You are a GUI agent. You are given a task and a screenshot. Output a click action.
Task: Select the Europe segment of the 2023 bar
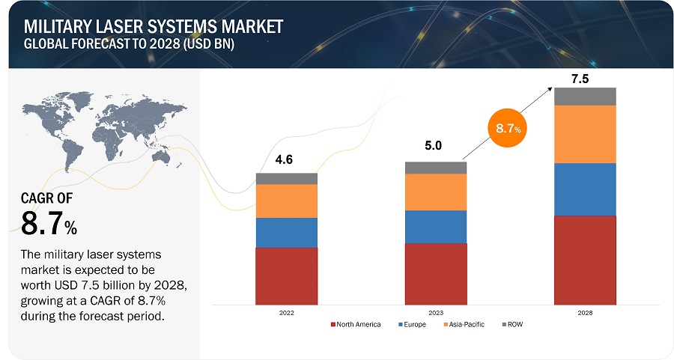[x=435, y=227]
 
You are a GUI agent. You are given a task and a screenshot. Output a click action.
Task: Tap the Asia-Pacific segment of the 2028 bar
[x=585, y=134]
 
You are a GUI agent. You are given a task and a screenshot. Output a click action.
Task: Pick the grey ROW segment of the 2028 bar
[x=585, y=96]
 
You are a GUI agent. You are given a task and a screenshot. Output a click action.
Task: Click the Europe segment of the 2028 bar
[x=585, y=189]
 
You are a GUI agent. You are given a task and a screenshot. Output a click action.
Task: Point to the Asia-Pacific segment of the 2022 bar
[x=286, y=201]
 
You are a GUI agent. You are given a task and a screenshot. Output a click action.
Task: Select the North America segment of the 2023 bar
[x=435, y=274]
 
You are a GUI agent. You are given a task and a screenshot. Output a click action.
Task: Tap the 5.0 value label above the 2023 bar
[x=433, y=146]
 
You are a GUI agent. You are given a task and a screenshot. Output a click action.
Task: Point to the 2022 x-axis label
[x=286, y=313]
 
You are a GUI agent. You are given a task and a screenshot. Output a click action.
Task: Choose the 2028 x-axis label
[x=585, y=313]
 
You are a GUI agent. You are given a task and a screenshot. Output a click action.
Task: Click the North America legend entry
[x=356, y=325]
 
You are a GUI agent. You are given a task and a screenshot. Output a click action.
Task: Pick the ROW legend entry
[x=515, y=325]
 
